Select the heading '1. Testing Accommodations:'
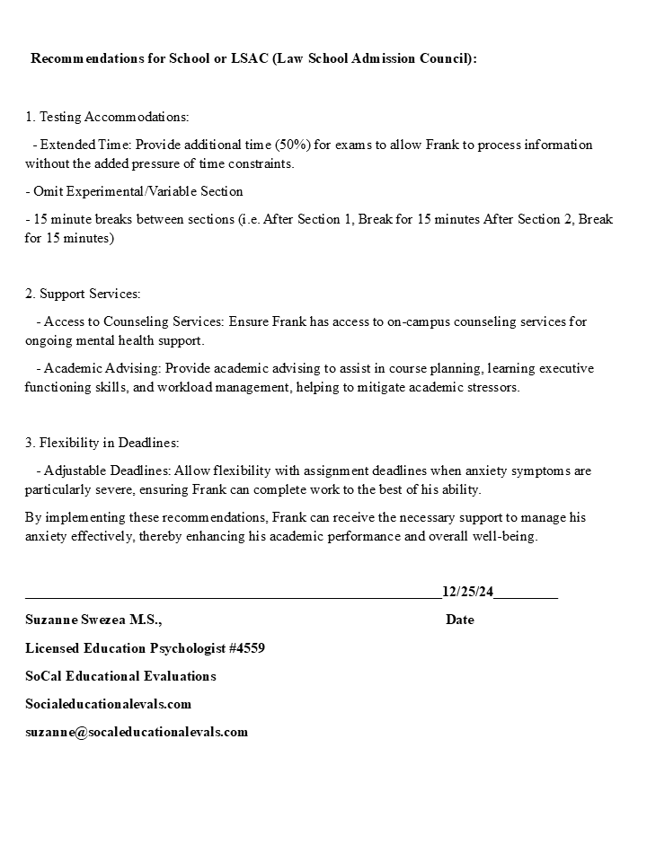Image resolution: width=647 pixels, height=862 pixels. point(107,117)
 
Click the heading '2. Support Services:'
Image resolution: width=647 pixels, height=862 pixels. point(83,294)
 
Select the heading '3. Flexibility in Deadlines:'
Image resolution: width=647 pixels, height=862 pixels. point(102,443)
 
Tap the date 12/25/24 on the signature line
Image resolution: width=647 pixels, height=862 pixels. point(467,591)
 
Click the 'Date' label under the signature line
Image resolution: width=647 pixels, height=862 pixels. point(459,620)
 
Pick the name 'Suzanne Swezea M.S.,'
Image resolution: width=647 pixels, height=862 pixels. point(93,620)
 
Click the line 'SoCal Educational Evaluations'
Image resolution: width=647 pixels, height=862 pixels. point(120,676)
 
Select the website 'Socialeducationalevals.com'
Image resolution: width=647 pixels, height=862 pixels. point(108,704)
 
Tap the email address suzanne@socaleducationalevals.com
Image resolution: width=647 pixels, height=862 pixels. point(137,732)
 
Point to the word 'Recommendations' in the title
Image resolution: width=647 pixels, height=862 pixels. point(86,58)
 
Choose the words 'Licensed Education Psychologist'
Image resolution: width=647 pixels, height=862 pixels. point(120,648)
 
